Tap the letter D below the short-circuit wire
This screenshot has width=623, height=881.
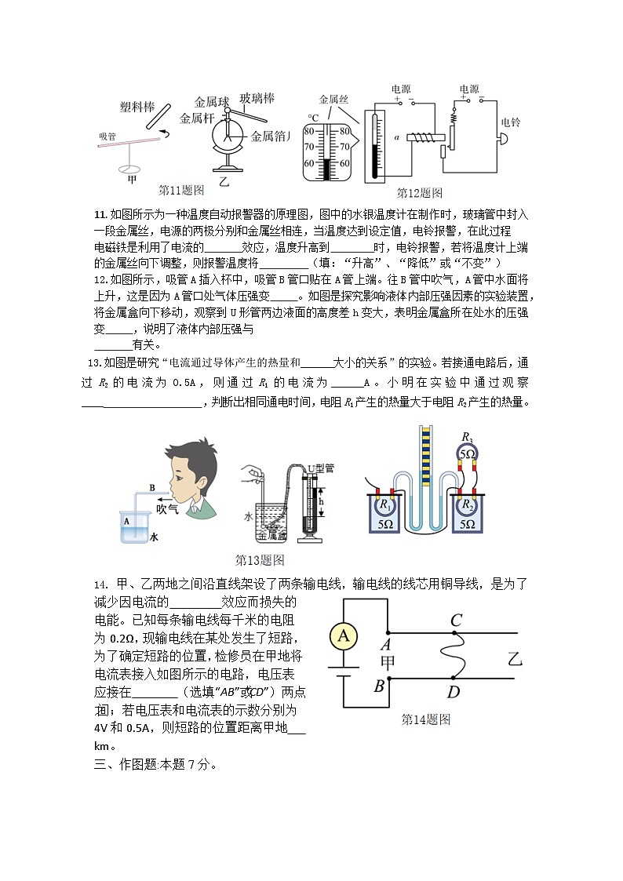[x=454, y=691]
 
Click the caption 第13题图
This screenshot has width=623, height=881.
[x=260, y=559]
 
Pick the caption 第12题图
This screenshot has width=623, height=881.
[x=420, y=192]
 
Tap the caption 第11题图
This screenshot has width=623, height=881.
[x=181, y=190]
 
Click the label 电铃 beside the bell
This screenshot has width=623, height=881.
[x=511, y=122]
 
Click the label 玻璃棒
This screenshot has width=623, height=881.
[x=257, y=98]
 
